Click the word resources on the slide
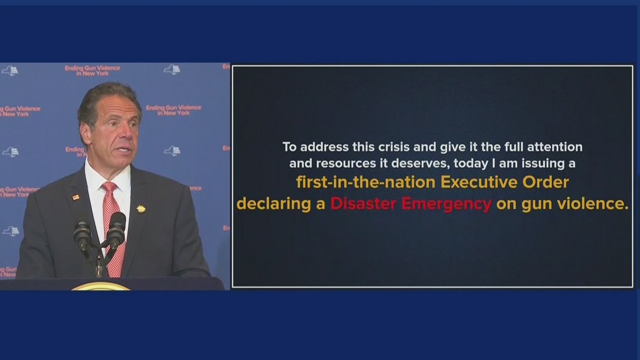(x=346, y=164)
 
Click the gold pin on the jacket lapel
(x=141, y=209)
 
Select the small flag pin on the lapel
(x=75, y=198)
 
